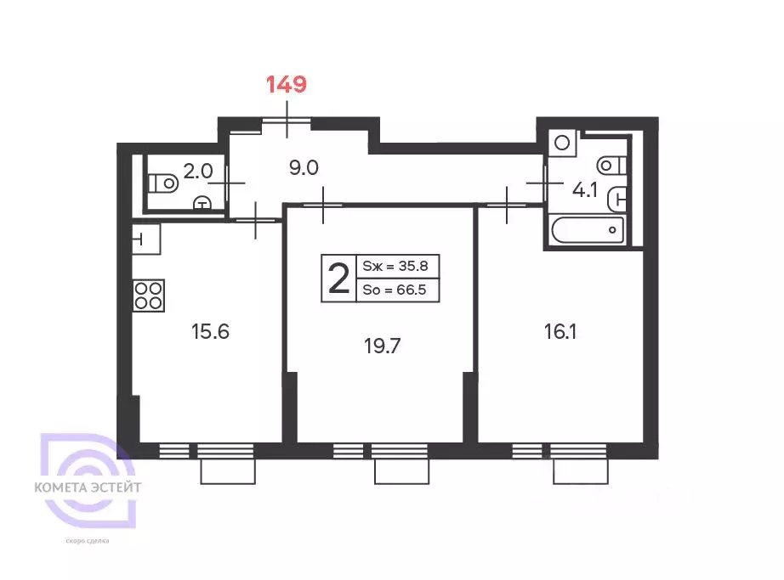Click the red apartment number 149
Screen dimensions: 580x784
click(x=286, y=84)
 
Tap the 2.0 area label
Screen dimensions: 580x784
click(x=197, y=171)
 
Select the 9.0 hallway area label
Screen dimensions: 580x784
click(x=303, y=167)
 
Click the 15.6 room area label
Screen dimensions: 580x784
click(x=210, y=331)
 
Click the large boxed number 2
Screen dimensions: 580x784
click(x=338, y=279)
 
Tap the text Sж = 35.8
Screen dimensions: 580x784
click(x=395, y=265)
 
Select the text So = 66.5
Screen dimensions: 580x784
click(x=395, y=291)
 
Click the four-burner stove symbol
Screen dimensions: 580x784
click(x=148, y=295)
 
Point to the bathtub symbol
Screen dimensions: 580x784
click(x=588, y=230)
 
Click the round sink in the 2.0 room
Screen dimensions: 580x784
click(x=202, y=202)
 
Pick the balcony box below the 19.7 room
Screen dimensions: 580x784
click(x=401, y=469)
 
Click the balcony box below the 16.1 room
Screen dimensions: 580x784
click(x=579, y=469)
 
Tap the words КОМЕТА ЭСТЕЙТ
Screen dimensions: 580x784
click(x=88, y=488)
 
